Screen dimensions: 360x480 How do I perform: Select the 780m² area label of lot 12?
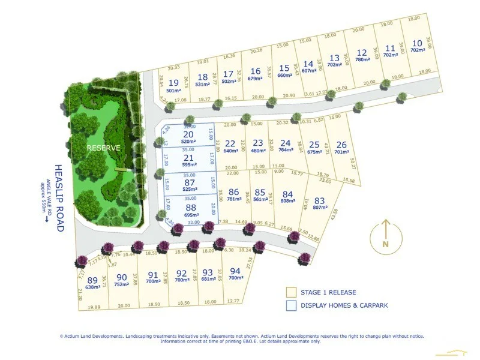pos(362,59)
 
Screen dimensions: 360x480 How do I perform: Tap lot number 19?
pos(174,83)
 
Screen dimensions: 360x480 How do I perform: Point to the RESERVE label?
pos(103,148)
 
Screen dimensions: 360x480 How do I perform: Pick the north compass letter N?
pos(386,244)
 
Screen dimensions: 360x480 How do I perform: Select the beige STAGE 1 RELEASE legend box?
pos(291,292)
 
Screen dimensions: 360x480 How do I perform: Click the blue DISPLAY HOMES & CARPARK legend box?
pos(291,305)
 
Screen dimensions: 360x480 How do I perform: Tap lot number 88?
pos(190,207)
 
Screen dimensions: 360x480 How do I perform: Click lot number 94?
pos(235,272)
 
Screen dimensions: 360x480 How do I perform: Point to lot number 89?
pos(92,280)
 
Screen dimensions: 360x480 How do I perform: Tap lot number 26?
pos(341,145)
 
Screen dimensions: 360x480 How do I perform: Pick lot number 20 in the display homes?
pos(190,134)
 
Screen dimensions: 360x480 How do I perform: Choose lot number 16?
pos(256,71)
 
